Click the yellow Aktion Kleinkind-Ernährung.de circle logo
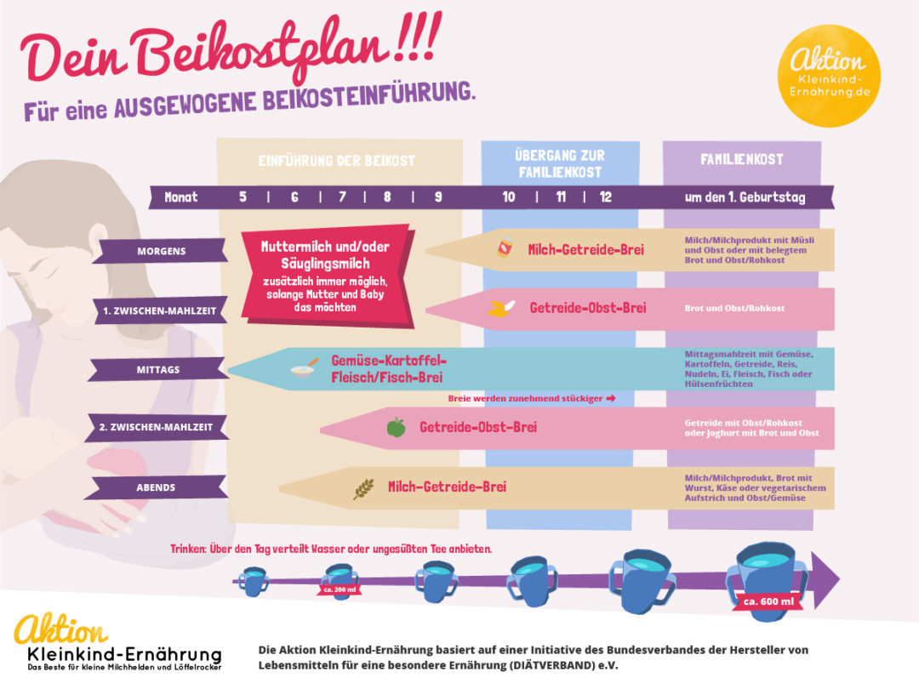tap(829, 76)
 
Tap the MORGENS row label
tap(161, 251)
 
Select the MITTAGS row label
tap(157, 370)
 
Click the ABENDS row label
tap(156, 487)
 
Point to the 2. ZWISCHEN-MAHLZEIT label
tap(156, 427)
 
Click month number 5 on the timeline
tap(243, 196)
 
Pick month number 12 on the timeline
tap(606, 196)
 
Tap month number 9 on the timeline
tap(438, 196)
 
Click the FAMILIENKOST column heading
tap(741, 159)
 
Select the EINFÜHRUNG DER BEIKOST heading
tap(336, 161)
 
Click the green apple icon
tap(397, 427)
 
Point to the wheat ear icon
tap(363, 488)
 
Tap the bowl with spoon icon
tap(304, 368)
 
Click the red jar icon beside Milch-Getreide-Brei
tap(505, 248)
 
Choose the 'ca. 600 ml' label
tap(768, 601)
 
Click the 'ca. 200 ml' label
tap(340, 589)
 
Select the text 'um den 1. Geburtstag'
tap(745, 197)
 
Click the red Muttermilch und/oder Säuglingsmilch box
tap(326, 276)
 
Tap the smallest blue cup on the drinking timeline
tap(254, 582)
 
